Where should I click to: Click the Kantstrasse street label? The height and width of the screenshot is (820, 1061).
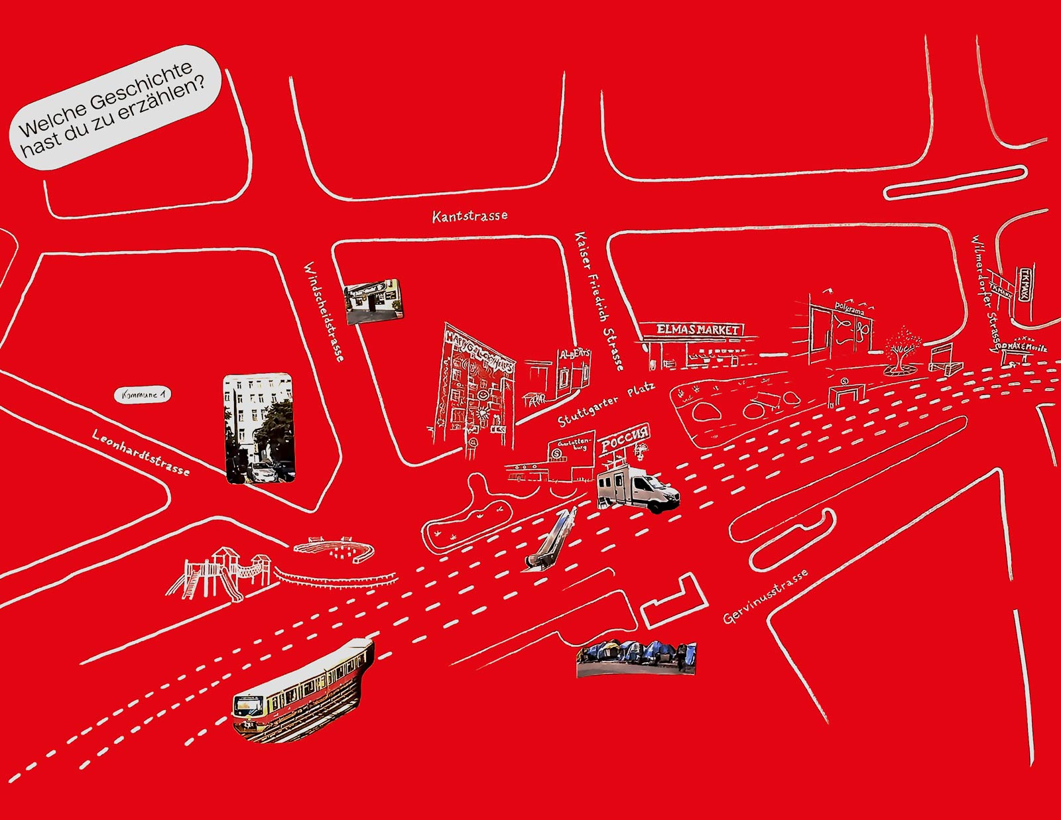point(469,216)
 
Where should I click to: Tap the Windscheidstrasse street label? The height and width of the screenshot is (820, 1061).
point(324,312)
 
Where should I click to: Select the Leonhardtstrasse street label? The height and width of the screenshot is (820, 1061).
point(141,452)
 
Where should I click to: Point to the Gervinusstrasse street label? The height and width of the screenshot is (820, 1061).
point(765,597)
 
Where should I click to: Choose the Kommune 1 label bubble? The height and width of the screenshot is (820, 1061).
point(143,395)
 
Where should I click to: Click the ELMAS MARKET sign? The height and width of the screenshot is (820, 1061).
point(698,329)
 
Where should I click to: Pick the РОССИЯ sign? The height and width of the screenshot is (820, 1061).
point(624,439)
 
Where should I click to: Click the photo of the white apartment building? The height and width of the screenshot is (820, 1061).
point(259,428)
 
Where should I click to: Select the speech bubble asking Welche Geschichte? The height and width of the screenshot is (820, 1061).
point(114,108)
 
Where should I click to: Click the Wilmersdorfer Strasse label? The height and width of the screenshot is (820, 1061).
point(985,292)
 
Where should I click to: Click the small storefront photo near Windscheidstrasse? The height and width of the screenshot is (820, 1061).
point(373,301)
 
